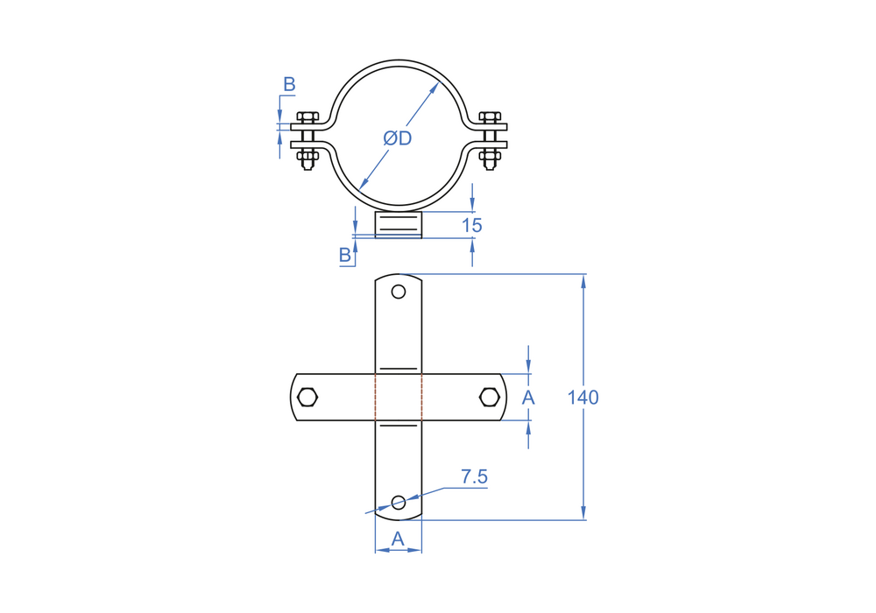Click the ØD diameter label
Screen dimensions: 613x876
coord(398,138)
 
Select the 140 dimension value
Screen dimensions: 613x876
coord(583,398)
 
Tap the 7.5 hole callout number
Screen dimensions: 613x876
coord(474,477)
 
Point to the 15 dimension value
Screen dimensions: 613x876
coord(472,225)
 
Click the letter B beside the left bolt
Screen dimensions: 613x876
coord(289,85)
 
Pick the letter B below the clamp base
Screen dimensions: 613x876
coord(345,255)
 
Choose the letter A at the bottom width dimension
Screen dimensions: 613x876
coord(398,539)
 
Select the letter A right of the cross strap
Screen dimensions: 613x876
coord(528,398)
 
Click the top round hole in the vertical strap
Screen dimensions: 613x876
coord(399,292)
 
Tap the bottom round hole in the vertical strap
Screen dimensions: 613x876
coord(399,502)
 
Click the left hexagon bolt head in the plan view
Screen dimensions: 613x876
coord(307,398)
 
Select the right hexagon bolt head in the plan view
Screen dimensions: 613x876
coord(490,398)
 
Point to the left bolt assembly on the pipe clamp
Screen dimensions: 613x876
coord(307,138)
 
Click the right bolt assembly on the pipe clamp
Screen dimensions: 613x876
coord(491,138)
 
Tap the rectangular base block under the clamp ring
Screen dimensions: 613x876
coord(399,224)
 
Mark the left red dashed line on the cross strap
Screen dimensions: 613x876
coord(376,398)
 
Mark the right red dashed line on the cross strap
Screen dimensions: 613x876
coord(421,398)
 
